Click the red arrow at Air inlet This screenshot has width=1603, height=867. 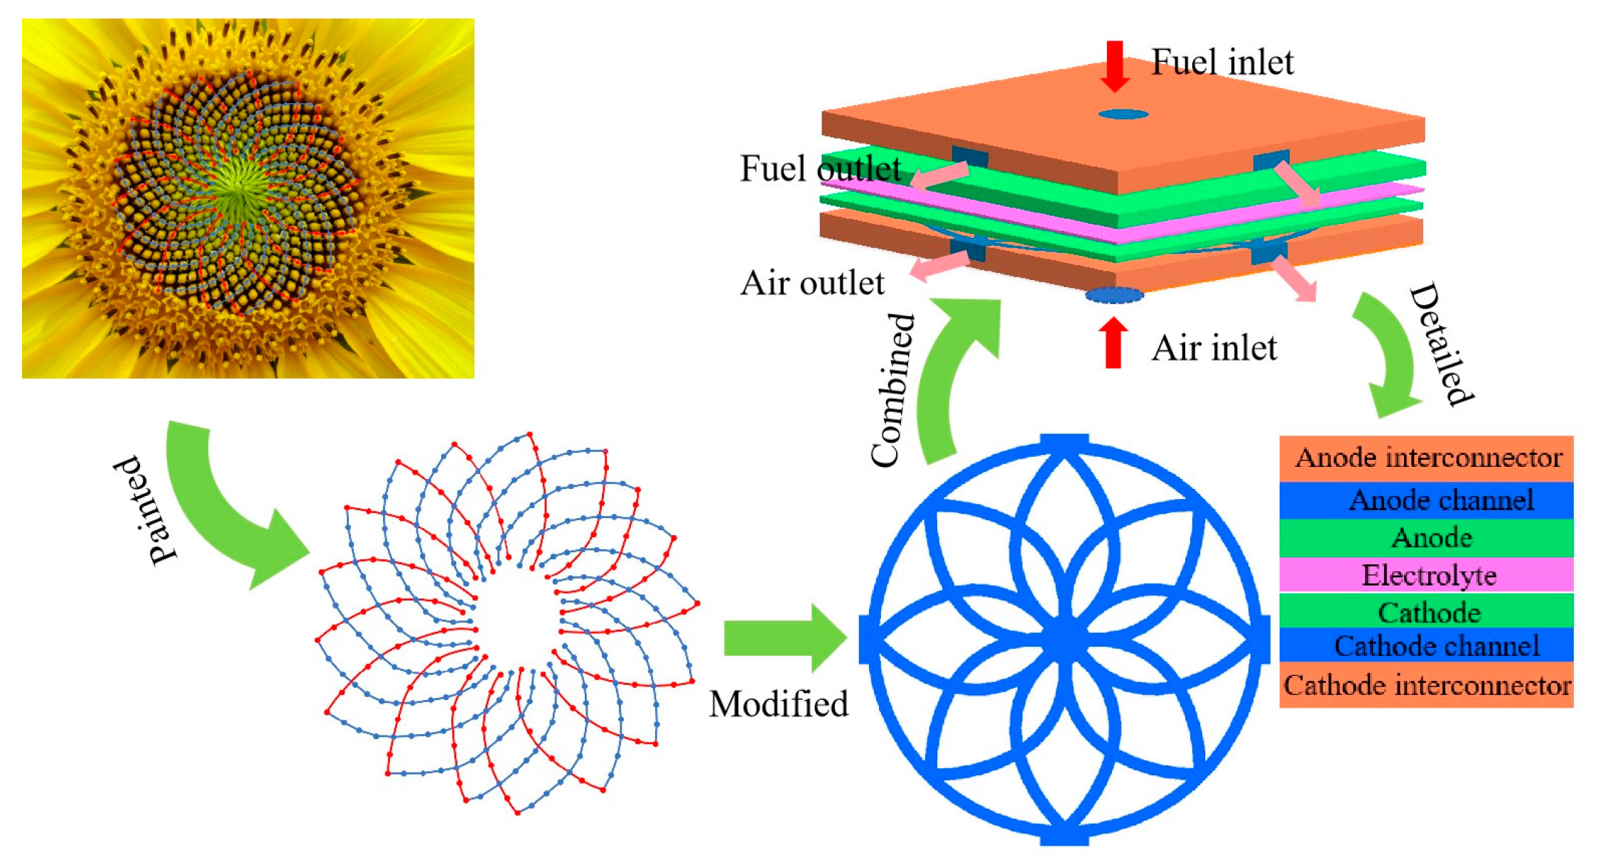point(1113,343)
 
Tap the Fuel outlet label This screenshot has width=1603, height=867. point(820,169)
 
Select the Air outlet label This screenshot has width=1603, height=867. point(812,283)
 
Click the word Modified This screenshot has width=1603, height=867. point(779,704)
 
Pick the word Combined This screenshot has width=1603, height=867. point(892,390)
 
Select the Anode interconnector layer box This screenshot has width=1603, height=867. point(1426,458)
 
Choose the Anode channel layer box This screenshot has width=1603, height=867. point(1426,500)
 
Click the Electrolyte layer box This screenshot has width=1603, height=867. point(1426,575)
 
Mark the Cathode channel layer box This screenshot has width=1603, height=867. point(1426,645)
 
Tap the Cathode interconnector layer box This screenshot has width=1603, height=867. point(1426,685)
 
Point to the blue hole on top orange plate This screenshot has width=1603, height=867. point(1123,114)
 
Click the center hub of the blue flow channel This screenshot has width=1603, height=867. point(1064,638)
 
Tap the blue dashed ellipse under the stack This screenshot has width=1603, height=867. point(1113,295)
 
